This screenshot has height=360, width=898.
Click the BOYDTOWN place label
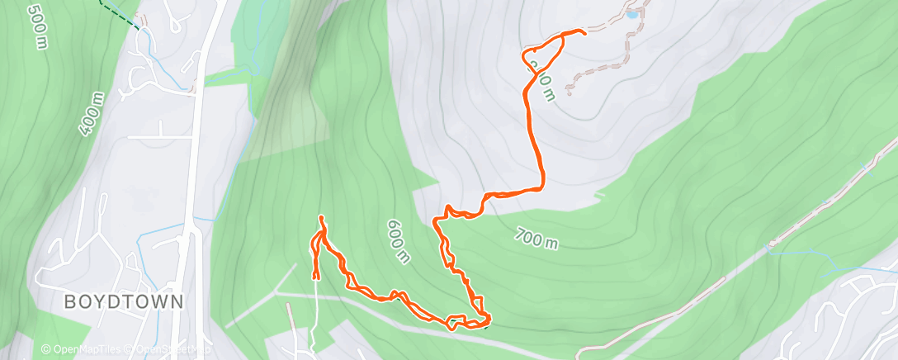[x=124, y=302]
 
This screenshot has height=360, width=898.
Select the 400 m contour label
[x=92, y=113]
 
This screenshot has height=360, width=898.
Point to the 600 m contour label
[x=397, y=241]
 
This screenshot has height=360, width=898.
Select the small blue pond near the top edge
[x=631, y=14]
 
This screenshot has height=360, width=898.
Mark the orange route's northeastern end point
[x=584, y=32]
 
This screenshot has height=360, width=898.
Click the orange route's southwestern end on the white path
[x=316, y=277]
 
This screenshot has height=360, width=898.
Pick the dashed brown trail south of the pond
[x=598, y=70]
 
